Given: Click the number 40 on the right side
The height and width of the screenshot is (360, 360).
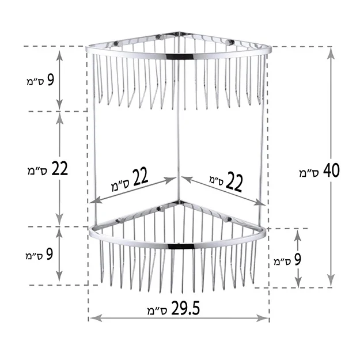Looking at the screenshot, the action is tap(331, 170).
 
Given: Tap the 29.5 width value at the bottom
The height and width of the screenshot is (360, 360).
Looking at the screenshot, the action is tap(185, 308).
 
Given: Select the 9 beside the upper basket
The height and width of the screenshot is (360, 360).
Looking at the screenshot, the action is tap(51, 80).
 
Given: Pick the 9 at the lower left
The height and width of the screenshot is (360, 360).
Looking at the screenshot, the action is tap(50, 254).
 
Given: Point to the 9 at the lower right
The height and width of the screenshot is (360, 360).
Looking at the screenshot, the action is tap(297, 260).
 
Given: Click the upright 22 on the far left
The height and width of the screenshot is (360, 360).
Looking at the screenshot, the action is tap(59, 168).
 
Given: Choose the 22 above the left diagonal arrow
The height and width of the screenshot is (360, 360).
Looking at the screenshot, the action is tap(140, 177).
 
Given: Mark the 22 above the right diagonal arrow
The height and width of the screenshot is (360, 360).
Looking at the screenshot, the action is tap(234, 182).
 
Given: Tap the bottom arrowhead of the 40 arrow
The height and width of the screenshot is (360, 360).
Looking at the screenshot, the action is tap(331, 281).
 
